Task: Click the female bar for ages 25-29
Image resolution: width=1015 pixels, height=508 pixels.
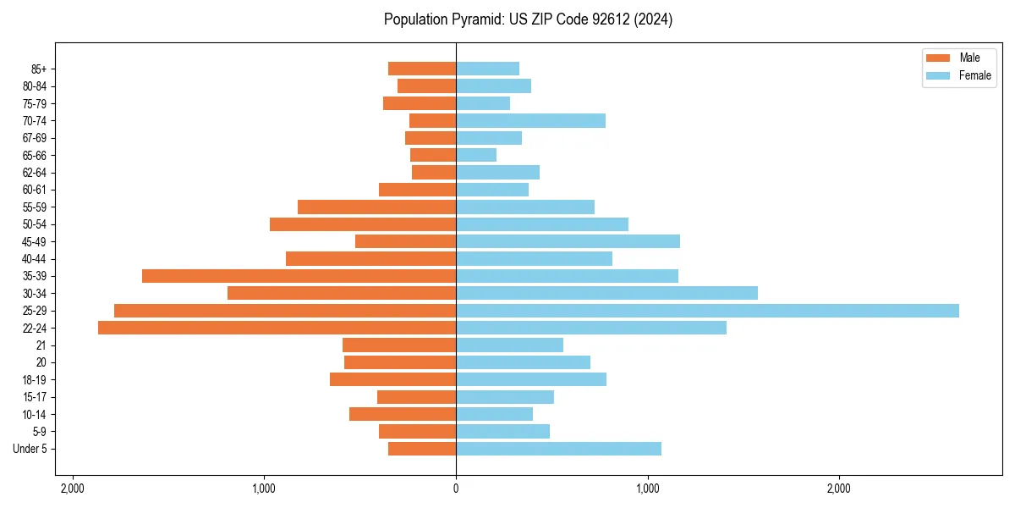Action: coord(707,311)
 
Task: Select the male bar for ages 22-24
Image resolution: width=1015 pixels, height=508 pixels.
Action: coord(277,328)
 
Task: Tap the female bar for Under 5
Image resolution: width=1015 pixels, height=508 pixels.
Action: coord(558,449)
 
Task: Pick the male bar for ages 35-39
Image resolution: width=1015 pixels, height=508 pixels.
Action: coord(299,276)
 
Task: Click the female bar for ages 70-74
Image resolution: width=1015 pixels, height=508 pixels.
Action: coord(530,121)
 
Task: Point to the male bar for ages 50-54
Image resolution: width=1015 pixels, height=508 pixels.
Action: coord(363,224)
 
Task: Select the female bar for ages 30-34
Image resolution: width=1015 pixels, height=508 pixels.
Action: coord(606,293)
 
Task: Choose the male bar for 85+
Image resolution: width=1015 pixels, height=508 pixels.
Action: coord(422,69)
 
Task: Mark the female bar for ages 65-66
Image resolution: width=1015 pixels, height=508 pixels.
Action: coord(476,155)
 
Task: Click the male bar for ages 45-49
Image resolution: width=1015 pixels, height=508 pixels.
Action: coord(405,241)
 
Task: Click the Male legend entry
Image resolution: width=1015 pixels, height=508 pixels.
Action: coord(969,58)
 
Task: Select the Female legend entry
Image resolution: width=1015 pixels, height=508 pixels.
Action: coord(974,75)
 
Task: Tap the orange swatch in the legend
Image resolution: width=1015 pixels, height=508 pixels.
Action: coord(938,58)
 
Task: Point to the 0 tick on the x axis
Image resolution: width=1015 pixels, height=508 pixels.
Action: coord(456,489)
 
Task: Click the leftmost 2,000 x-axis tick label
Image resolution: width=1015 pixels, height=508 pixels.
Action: coord(73,489)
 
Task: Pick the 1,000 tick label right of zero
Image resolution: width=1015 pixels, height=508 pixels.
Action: coord(647,489)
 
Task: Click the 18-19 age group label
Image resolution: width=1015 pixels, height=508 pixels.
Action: coord(35,380)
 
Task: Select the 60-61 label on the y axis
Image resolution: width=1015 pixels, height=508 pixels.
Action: coord(35,190)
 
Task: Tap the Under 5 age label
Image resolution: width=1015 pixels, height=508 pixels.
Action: coord(30,449)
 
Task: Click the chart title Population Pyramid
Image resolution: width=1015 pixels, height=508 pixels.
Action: coord(528,19)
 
